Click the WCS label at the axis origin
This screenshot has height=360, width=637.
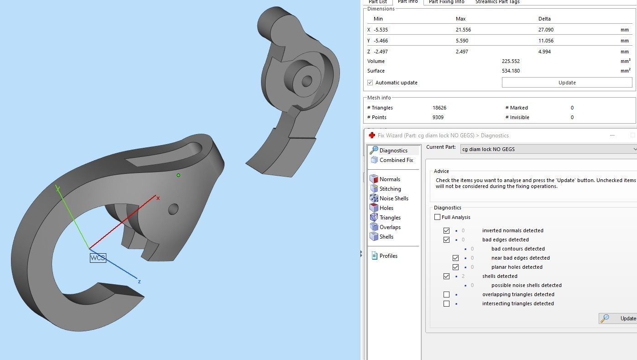tap(98, 258)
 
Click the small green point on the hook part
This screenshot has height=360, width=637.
tap(178, 175)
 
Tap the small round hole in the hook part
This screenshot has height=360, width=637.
tap(173, 209)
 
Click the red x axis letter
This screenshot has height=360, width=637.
tap(158, 198)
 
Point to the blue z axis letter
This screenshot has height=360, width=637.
tap(139, 282)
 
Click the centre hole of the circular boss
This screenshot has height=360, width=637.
tap(307, 81)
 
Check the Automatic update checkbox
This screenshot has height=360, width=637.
tap(370, 83)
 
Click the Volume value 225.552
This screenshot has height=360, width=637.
tap(511, 61)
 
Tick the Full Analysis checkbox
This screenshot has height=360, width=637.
tap(438, 217)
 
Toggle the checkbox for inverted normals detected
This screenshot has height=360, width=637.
tap(446, 230)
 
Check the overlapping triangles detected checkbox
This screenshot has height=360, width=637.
tap(446, 294)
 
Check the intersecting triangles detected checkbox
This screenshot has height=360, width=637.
tap(446, 303)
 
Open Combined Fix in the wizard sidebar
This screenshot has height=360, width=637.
tap(396, 160)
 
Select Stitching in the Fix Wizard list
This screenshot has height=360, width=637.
tap(390, 189)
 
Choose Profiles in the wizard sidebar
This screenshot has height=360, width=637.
tap(388, 256)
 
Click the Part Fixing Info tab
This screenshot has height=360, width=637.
tap(446, 2)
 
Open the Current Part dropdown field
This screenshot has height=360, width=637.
tap(548, 149)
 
